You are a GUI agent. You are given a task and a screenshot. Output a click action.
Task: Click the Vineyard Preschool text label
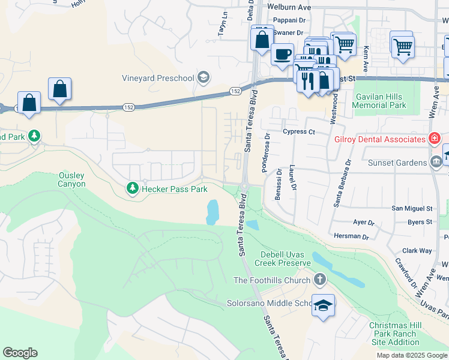(x=158, y=78)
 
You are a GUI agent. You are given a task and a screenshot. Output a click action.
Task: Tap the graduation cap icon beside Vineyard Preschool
(x=203, y=77)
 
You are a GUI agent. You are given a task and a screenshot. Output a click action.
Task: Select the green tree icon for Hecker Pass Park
(x=131, y=189)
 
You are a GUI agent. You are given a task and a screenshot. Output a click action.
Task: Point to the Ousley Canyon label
(x=71, y=179)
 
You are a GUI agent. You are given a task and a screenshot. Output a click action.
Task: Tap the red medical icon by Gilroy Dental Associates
(x=433, y=139)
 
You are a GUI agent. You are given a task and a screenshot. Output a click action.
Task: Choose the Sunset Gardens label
(x=397, y=161)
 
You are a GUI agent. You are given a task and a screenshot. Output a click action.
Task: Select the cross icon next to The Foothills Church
(x=320, y=280)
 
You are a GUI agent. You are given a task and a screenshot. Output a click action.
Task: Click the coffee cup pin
(x=282, y=55)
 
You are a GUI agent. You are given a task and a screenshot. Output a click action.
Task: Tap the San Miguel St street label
(x=412, y=208)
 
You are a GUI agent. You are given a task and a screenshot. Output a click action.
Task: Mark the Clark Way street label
(x=417, y=251)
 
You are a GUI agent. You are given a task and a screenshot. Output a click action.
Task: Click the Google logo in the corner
(x=20, y=353)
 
